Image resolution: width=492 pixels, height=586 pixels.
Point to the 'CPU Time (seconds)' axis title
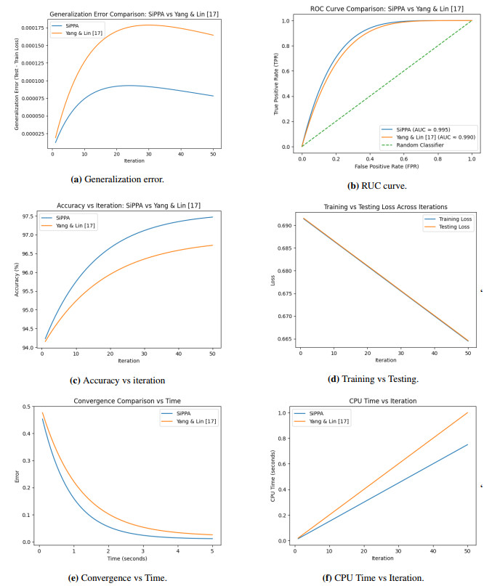coord(273,475)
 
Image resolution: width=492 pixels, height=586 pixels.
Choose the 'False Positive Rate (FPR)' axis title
coord(387,166)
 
